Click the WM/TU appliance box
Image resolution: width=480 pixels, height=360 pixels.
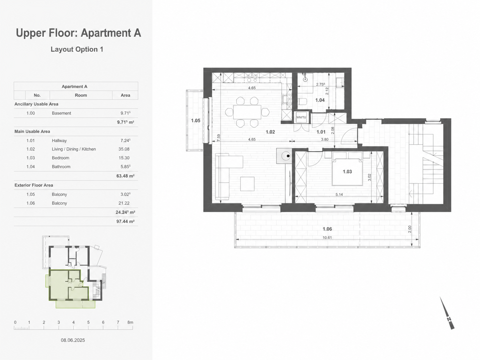301,117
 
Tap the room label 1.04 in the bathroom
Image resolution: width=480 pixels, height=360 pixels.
320,100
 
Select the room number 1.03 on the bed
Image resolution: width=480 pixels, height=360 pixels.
347,172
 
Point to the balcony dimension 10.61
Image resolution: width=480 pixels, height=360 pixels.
327,238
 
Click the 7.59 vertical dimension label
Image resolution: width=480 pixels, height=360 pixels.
219,138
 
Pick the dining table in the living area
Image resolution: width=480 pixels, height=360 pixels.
247,112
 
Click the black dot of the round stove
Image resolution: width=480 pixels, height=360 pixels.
288,156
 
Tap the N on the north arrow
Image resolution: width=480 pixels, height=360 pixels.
449,319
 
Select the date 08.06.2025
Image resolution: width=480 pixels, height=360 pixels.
73,340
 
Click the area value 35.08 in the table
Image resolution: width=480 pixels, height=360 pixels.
124,149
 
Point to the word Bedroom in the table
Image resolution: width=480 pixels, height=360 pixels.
61,158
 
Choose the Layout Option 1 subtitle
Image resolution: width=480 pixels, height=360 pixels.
77,49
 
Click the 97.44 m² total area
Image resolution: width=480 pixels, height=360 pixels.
125,221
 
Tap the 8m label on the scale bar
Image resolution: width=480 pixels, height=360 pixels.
130,322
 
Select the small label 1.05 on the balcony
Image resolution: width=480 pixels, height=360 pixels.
196,120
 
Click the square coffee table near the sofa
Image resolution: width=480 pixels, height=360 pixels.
247,184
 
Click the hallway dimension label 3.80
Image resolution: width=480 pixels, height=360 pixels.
325,139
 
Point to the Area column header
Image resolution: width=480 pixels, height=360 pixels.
125,95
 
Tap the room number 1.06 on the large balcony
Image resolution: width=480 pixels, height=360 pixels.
327,229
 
